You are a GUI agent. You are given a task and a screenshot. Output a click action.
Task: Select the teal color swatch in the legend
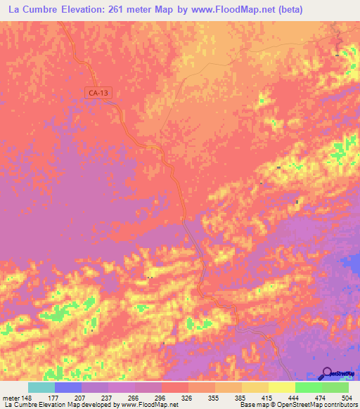41,387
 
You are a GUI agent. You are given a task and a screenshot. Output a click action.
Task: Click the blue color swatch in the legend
68,387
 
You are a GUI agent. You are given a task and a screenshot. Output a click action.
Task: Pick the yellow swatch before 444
282,387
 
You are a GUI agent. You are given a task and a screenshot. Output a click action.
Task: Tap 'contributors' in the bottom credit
338,405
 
